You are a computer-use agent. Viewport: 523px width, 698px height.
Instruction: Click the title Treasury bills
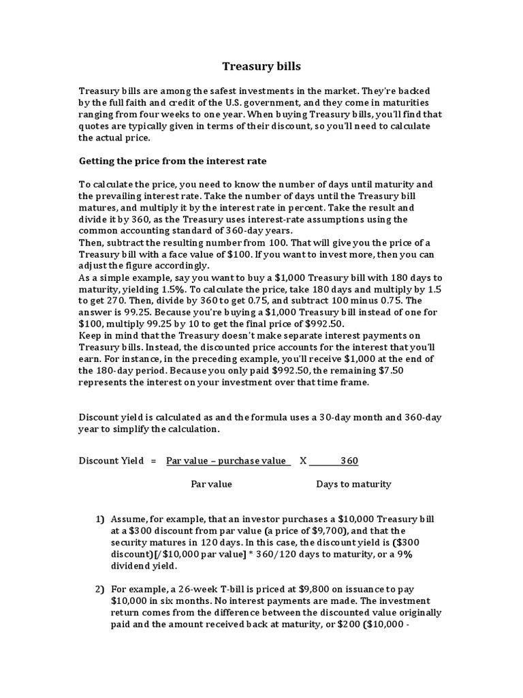(261, 67)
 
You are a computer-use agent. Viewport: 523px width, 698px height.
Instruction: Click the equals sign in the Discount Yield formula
(154, 461)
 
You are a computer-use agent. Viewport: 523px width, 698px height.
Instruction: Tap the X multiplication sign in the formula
(303, 461)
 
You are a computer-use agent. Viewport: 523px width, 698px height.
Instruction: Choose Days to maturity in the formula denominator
(353, 485)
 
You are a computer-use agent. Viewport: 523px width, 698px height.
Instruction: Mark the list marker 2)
(99, 590)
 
